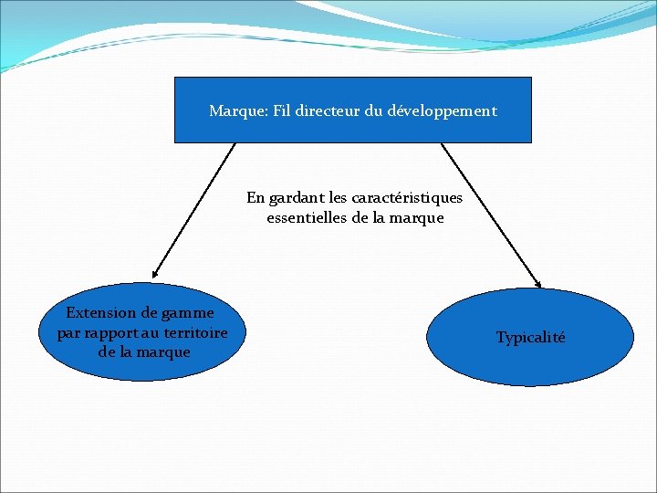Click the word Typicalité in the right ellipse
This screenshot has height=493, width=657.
click(x=530, y=338)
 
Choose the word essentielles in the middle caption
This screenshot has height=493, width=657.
click(x=307, y=217)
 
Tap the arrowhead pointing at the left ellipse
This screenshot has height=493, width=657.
click(x=155, y=273)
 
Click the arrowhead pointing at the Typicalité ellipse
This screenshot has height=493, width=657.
click(x=538, y=284)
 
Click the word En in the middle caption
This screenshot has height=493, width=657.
click(x=255, y=197)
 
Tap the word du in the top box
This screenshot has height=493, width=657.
click(x=374, y=110)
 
